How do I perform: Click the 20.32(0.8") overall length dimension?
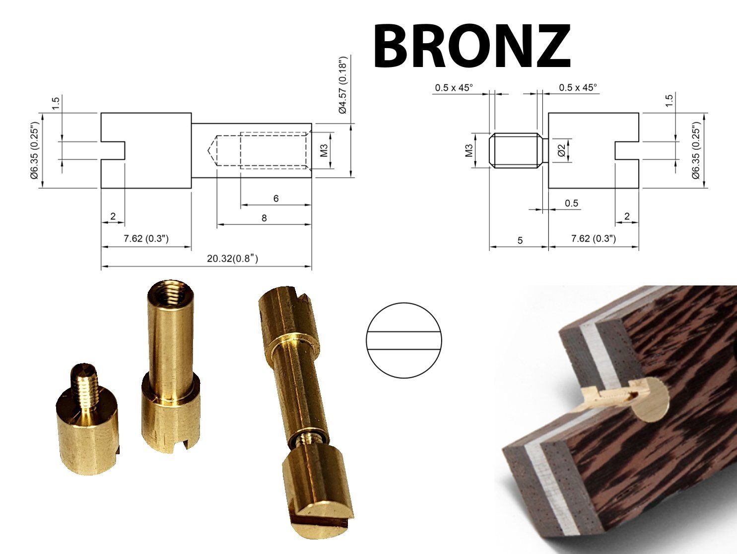pos(232,259)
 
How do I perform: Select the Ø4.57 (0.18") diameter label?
pos(343,85)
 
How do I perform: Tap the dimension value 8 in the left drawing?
pos(264,218)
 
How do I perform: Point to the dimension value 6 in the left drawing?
pos(276,199)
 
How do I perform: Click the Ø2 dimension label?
pos(562,150)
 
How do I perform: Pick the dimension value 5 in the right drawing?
pos(520,240)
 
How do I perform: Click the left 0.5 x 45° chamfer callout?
pos(454,88)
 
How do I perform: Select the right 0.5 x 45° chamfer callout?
pos(578,88)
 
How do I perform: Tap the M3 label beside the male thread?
pos(469,150)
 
